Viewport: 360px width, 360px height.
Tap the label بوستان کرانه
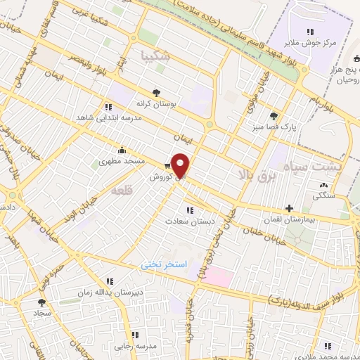click(158, 103)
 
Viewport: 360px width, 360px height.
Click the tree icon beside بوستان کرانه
click(157, 91)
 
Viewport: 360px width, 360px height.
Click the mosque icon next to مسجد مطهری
click(122, 150)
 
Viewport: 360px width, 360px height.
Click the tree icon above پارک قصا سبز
click(273, 116)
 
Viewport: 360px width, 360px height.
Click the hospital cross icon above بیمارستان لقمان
click(288, 208)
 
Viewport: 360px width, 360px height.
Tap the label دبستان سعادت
click(188, 221)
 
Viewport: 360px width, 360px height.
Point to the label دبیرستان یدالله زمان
click(115, 290)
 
